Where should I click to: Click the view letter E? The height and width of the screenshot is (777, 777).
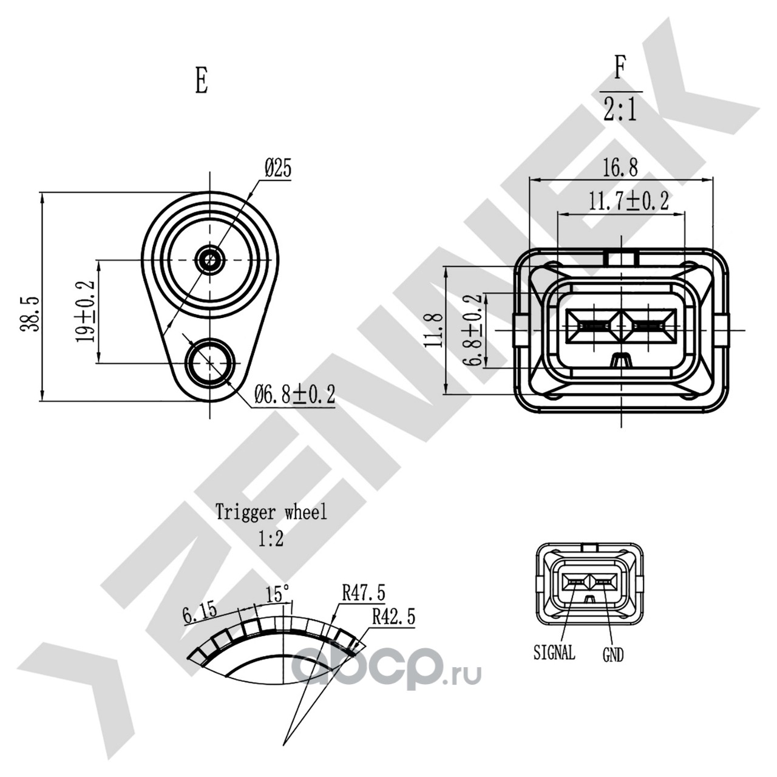tap(202, 81)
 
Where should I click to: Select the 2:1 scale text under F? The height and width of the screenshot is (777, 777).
tap(620, 110)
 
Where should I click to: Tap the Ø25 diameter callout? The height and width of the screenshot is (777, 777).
tap(278, 168)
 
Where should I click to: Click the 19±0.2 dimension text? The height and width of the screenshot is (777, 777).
tap(86, 311)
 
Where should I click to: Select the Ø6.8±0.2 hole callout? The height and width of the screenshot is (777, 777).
tap(295, 394)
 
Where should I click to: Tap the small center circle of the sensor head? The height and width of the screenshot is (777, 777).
tap(209, 259)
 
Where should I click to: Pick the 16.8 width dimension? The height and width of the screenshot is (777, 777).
tap(620, 168)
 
